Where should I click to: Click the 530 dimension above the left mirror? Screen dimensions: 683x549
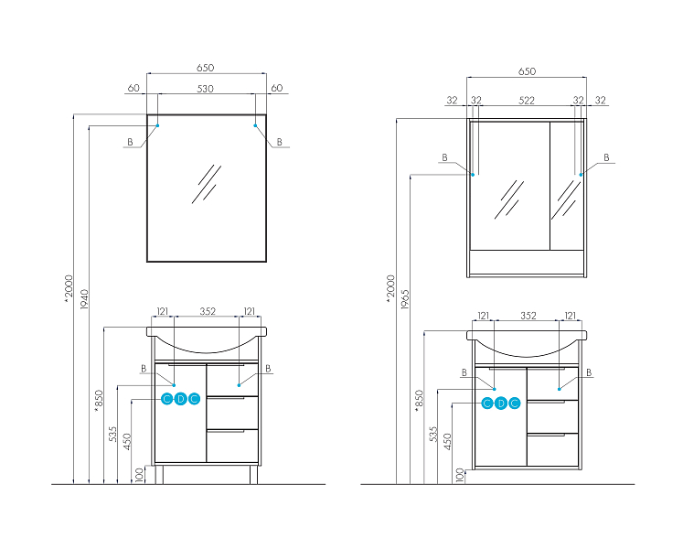point(205,89)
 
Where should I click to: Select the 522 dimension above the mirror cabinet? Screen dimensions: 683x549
point(526,101)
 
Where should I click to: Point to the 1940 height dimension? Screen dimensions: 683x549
point(84,299)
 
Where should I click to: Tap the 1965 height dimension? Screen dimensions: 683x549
point(405,299)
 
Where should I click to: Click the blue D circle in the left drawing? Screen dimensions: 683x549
point(180,399)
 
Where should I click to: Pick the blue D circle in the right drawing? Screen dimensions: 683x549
point(501,404)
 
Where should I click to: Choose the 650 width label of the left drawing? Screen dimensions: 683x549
point(205,68)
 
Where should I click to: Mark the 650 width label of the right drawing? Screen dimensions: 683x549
point(527,71)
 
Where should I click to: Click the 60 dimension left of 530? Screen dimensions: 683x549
point(133,88)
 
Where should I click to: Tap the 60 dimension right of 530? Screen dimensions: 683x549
point(277,88)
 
